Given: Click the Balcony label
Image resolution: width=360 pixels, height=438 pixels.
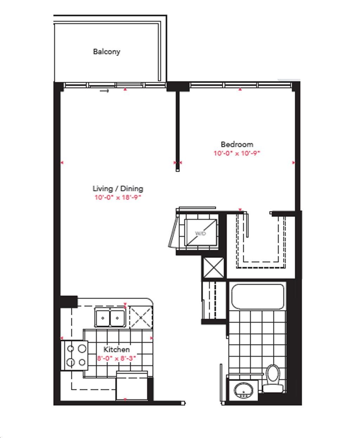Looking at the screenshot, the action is point(107,52).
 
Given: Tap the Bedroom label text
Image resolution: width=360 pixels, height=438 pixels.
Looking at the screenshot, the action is point(237,144).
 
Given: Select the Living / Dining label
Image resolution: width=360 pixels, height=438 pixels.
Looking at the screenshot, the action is point(118,188).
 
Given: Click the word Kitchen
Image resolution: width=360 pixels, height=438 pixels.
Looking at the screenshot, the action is point(116,349).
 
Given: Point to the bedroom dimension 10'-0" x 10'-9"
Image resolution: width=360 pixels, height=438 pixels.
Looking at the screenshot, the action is point(237,153).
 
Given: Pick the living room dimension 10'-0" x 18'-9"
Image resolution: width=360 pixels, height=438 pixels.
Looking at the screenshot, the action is point(118,197).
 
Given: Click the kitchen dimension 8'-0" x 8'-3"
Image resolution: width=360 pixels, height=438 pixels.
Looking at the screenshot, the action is point(116,358).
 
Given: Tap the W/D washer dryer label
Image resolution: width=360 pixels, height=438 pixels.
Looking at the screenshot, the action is point(200,233).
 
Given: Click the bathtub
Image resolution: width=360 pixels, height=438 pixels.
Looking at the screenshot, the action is point(258,296).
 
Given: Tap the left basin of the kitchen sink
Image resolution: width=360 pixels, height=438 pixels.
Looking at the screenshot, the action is point(103,318).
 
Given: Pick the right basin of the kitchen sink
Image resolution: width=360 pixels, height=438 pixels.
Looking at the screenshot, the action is point(117,318).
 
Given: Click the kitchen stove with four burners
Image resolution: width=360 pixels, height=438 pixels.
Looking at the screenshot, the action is point(75,355).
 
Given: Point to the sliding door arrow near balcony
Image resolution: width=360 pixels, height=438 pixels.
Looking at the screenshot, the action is point(104,91).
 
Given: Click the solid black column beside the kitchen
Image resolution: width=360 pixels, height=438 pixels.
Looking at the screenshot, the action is point(69,302).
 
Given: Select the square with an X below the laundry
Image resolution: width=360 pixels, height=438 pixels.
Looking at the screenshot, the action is point(213,268).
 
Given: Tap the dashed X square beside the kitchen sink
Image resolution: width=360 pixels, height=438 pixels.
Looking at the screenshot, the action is point(141,317).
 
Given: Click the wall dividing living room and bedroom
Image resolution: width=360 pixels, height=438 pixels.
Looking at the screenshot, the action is point(178,131).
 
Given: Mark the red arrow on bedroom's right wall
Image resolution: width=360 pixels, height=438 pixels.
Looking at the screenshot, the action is point(294,163).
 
